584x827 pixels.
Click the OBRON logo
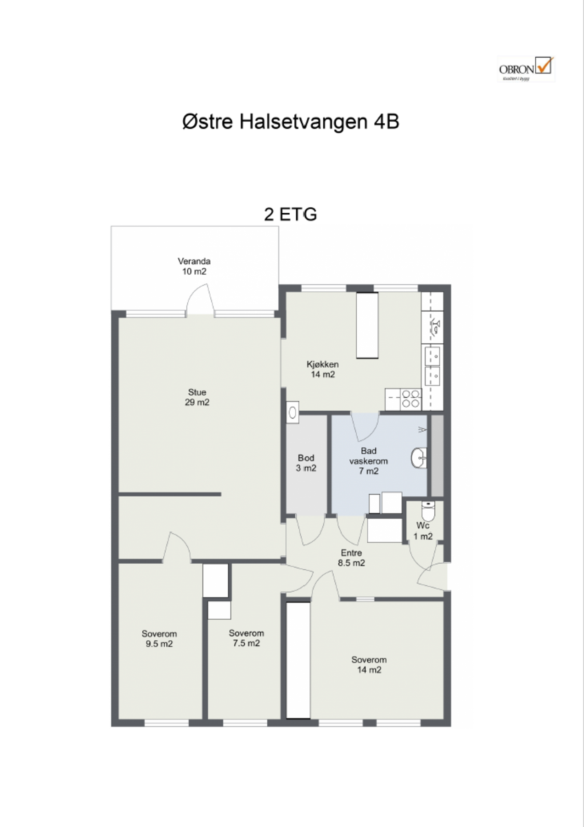point(526,69)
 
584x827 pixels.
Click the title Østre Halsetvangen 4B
point(291,122)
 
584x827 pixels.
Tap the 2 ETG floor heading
point(291,215)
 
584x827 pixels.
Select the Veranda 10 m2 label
point(194,266)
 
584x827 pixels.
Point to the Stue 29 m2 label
point(197,397)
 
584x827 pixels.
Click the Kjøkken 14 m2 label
point(323,369)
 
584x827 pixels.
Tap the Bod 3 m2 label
point(306,463)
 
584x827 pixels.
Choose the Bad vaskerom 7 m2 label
point(369,461)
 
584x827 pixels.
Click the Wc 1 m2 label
point(423,531)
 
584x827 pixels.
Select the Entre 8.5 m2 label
point(351,558)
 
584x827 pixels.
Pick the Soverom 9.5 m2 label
point(159,639)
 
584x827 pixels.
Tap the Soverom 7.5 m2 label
point(247,638)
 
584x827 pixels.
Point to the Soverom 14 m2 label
point(369,664)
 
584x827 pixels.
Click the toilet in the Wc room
point(428,511)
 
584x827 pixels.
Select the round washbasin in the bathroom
point(419,458)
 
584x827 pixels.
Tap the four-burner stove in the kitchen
point(411,399)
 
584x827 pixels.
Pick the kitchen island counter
point(367,325)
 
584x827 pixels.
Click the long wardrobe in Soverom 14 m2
point(298,660)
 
